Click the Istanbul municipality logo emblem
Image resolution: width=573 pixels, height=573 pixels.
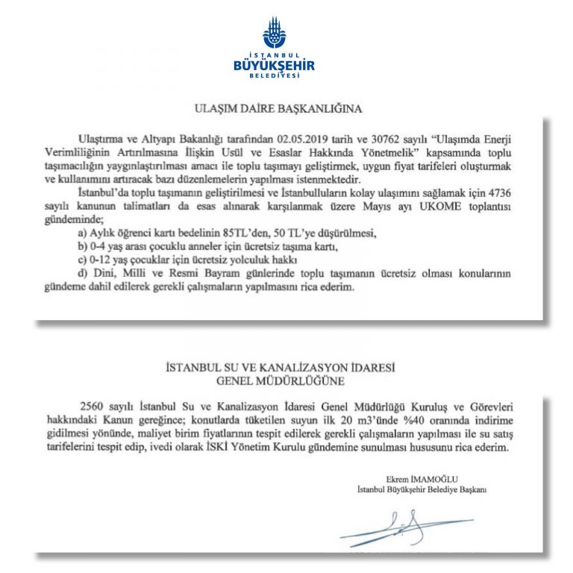286,33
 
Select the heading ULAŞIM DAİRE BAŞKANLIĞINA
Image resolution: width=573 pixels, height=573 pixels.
288,109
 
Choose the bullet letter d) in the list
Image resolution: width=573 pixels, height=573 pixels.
84,273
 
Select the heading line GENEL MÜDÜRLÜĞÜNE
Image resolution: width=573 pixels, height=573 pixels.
288,380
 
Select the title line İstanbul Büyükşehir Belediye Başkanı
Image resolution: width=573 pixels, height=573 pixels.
422,489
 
